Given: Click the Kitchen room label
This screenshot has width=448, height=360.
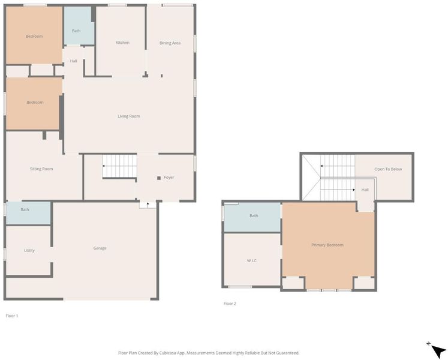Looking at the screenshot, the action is [122, 43].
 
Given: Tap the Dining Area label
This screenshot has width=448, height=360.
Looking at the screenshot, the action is [170, 43].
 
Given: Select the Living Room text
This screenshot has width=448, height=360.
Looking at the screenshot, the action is [129, 116].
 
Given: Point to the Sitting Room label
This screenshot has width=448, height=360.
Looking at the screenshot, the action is [41, 169].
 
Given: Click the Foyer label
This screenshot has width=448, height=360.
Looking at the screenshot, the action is [169, 178].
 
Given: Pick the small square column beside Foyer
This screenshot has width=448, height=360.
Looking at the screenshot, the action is [159, 178].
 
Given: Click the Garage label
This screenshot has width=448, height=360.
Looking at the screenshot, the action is [100, 248].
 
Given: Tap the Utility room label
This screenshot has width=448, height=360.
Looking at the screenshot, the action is [29, 251].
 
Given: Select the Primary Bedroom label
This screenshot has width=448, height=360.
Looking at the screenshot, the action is [327, 245].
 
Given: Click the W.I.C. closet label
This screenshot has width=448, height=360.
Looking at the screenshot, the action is [252, 261].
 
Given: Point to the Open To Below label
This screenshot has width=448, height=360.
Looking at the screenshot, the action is [388, 169].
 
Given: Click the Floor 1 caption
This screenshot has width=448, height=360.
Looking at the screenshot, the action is [12, 316].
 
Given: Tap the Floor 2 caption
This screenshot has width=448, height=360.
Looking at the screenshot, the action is [230, 304].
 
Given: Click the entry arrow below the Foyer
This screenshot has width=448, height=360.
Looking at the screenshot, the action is [148, 205].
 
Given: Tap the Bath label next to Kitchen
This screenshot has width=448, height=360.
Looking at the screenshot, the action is [76, 31].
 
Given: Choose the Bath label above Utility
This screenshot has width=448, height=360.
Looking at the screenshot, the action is [25, 209].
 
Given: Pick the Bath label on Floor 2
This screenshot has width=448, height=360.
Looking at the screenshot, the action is [254, 216].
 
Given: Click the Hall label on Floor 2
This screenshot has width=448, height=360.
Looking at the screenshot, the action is [365, 190].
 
